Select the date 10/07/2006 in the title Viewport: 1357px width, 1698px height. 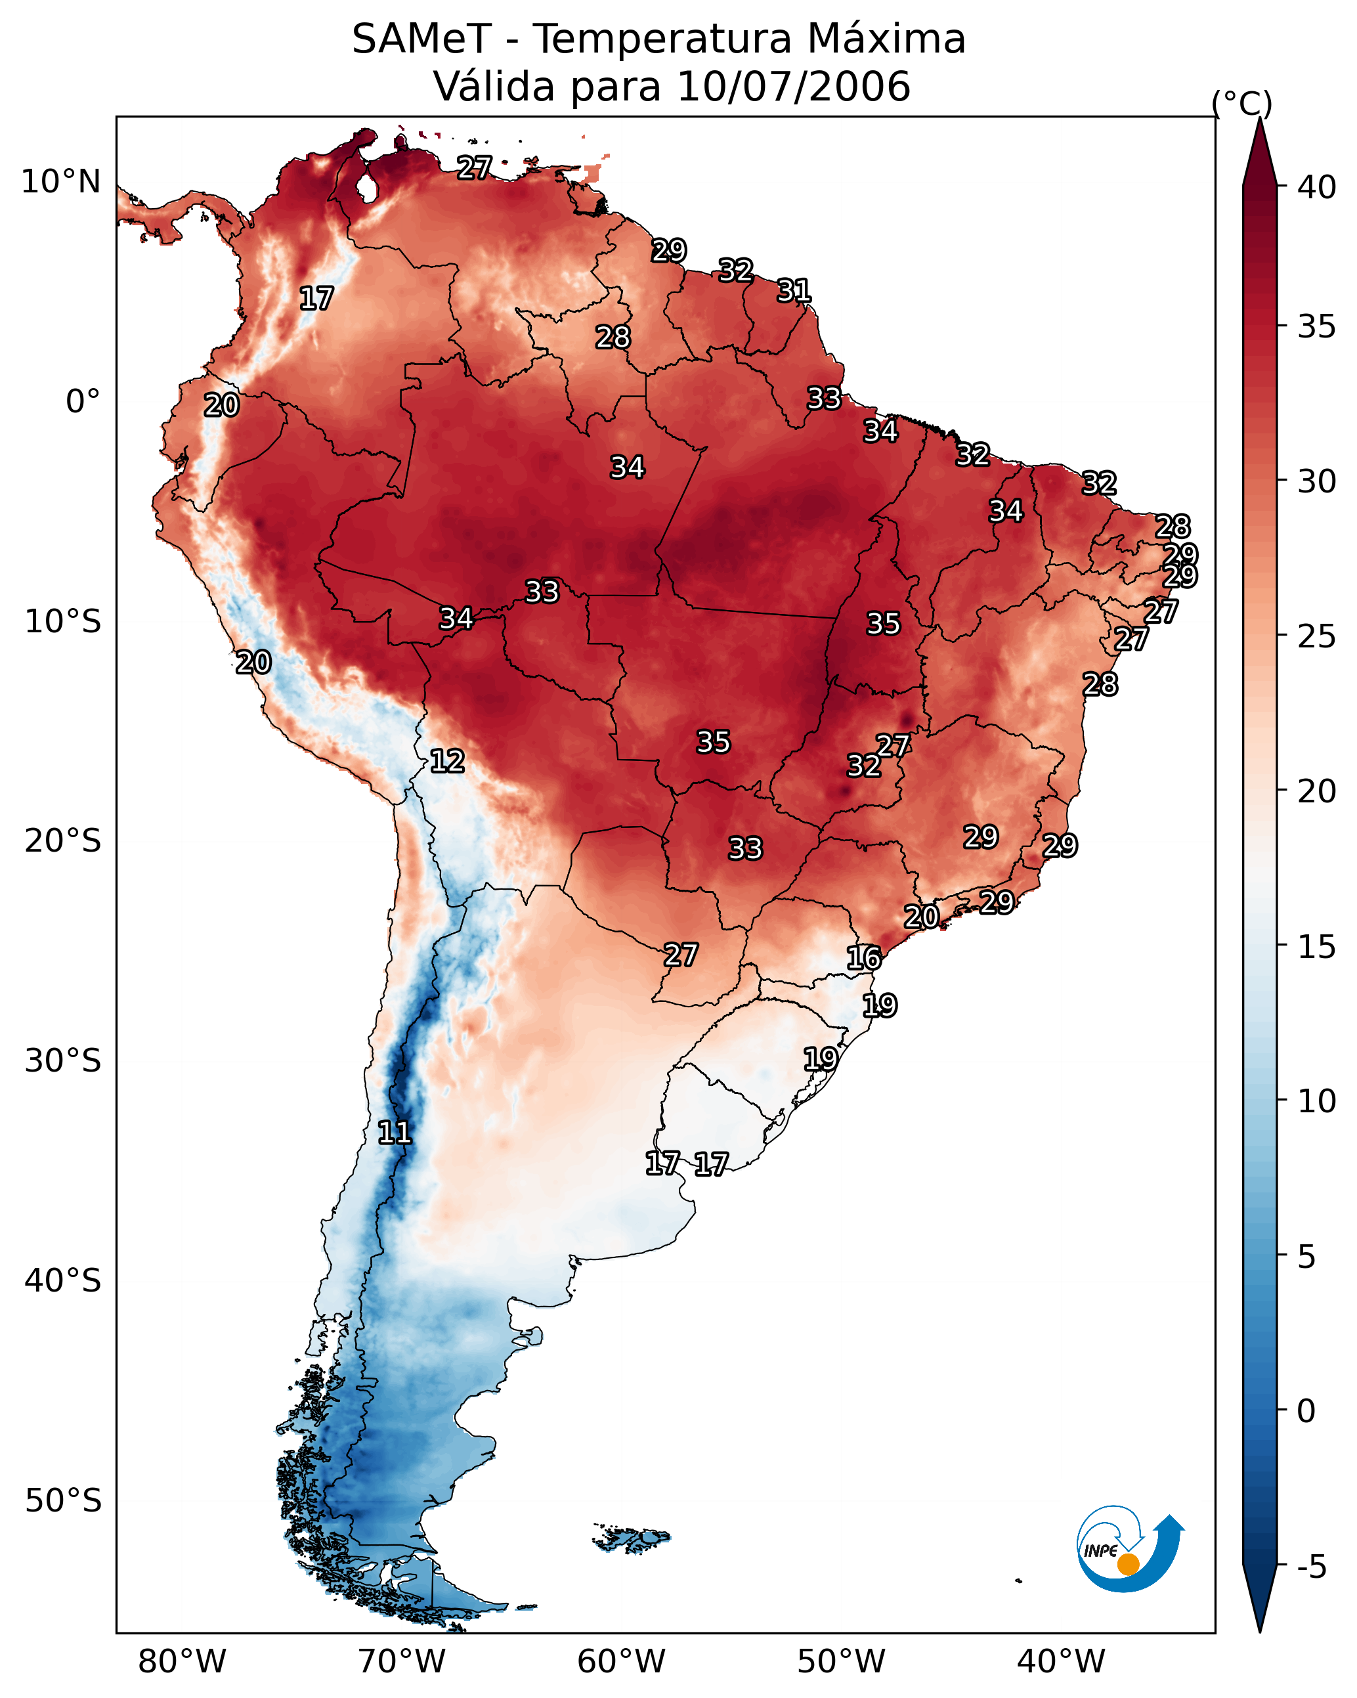click(793, 87)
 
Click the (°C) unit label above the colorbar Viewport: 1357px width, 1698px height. click(1241, 103)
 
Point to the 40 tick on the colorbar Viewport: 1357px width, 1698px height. click(1317, 187)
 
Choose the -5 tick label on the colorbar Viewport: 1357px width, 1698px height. click(1310, 1567)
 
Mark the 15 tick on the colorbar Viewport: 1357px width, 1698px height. click(1317, 947)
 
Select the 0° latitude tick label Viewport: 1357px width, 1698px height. click(83, 402)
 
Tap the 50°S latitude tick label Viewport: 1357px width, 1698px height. click(63, 1501)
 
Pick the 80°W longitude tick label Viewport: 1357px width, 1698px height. click(182, 1662)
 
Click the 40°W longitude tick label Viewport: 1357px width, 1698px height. click(1061, 1662)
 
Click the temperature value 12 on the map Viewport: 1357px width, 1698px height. click(447, 761)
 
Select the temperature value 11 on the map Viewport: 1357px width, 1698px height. click(395, 1133)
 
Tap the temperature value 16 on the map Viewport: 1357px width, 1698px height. click(864, 959)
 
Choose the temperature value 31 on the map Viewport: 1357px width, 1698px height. click(794, 291)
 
